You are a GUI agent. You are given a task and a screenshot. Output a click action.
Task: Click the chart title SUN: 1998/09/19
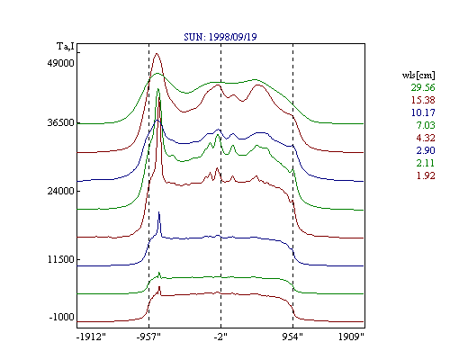220,37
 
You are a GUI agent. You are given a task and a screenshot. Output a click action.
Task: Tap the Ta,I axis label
66,47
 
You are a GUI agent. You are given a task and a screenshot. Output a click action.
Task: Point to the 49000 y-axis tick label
60,63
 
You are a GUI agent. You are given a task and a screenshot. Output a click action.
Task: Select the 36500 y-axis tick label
60,122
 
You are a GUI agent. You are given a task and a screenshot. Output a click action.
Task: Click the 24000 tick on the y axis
60,191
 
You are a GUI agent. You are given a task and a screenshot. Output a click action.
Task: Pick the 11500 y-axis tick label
60,259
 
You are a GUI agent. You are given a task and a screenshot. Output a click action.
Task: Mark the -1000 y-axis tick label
61,317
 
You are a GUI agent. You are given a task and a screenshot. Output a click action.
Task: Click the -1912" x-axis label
92,337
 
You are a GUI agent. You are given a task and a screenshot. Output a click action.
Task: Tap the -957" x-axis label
148,337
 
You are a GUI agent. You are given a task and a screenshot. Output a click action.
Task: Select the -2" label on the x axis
220,337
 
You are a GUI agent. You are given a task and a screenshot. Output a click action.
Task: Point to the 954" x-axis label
292,337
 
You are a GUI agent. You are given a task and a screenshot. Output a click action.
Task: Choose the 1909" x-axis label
351,337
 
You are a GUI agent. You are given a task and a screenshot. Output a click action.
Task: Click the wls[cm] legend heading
418,75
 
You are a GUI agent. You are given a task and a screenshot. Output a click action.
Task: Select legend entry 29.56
423,87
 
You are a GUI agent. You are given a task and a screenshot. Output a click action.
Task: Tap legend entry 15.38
423,100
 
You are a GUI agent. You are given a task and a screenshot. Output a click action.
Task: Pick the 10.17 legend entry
423,112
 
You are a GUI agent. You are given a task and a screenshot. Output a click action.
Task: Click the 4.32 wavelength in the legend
426,138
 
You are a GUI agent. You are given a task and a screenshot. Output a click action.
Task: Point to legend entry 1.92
426,175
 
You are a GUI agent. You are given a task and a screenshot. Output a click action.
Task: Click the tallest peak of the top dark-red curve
157,54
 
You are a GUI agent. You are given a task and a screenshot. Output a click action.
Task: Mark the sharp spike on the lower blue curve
159,212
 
